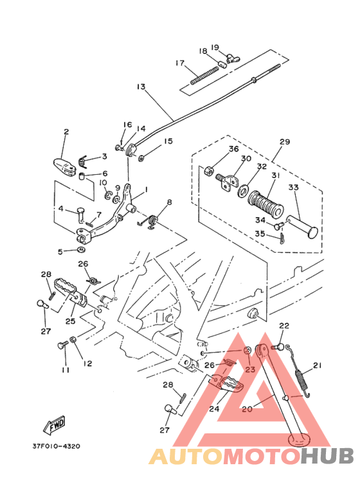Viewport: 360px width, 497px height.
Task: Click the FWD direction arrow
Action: coord(54,425)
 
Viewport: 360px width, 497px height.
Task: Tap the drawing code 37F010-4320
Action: coord(56,446)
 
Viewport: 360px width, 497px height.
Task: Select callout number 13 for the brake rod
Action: coord(141,87)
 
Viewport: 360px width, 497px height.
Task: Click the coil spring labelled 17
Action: coord(204,75)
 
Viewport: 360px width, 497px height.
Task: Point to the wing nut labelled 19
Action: coord(233,58)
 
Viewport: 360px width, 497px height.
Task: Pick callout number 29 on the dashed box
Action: coord(285,141)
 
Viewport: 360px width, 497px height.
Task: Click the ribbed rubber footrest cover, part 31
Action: coord(265,203)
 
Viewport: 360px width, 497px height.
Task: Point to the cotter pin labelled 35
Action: coord(282,239)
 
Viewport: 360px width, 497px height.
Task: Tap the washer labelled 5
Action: coord(82,250)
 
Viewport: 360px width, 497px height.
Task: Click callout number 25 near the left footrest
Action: coord(70,321)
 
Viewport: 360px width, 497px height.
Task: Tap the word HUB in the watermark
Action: coord(327,456)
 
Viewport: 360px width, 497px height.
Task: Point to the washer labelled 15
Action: coord(141,157)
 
